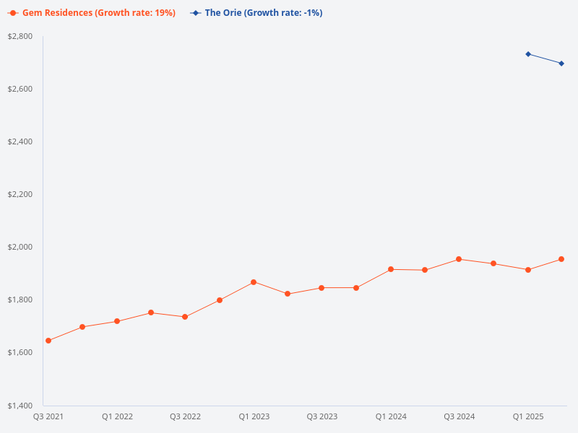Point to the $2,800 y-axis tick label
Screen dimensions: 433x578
(20, 36)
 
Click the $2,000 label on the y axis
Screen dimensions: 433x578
(20, 247)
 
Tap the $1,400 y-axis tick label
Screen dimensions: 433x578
(20, 405)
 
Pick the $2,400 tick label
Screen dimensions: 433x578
(20, 141)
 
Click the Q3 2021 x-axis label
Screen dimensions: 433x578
(48, 416)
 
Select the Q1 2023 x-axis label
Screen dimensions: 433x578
(254, 416)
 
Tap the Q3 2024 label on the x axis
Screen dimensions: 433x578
(460, 416)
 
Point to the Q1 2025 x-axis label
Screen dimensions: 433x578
(528, 416)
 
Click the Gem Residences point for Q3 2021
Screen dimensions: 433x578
(48, 341)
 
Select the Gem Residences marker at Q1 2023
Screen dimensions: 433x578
(254, 282)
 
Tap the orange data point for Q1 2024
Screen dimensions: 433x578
(391, 269)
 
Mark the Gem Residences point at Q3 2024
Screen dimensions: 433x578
(460, 259)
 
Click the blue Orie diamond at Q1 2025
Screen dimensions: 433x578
(528, 54)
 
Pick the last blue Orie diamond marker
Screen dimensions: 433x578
(562, 64)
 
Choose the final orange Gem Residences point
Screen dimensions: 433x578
(562, 259)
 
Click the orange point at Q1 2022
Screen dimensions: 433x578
(117, 321)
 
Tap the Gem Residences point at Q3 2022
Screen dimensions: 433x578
(185, 317)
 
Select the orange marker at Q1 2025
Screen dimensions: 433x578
(528, 270)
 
